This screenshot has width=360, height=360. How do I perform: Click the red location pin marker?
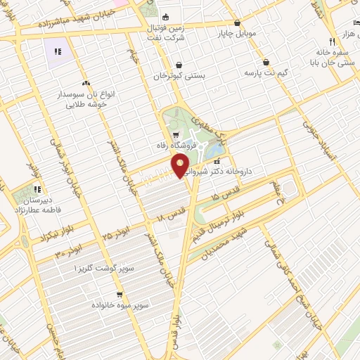tap(181, 167)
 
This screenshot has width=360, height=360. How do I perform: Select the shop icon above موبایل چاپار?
tap(236, 22)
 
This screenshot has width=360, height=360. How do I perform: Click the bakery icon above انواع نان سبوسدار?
tap(86, 82)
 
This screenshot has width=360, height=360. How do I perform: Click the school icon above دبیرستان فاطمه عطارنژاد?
tap(37, 188)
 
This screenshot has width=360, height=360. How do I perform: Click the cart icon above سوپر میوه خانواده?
tap(120, 295)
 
